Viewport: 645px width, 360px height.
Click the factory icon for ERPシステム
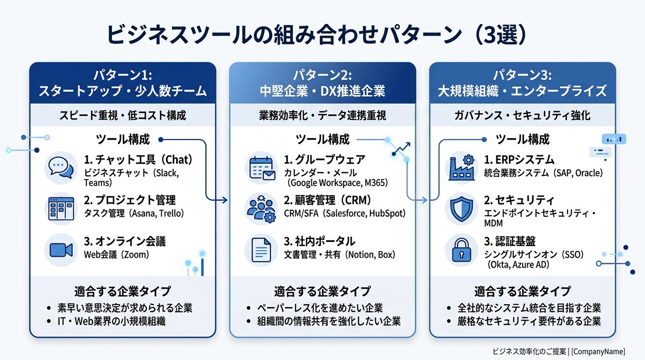click(461, 168)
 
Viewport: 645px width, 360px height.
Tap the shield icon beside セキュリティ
click(461, 209)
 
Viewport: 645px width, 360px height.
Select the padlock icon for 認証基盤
click(461, 250)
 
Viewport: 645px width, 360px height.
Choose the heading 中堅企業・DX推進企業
click(322, 90)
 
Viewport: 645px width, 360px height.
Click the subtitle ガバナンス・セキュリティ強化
click(522, 115)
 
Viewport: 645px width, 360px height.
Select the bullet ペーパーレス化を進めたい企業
click(320, 308)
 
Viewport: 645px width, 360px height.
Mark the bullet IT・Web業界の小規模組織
click(112, 322)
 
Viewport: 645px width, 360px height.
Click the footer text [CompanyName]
click(598, 352)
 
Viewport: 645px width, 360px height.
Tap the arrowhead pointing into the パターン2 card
click(225, 200)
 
